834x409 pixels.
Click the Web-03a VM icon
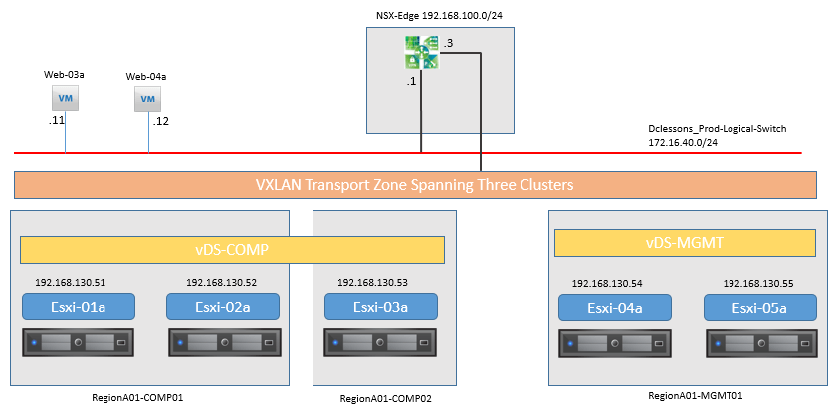pyautogui.click(x=65, y=98)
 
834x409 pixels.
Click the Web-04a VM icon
pyautogui.click(x=147, y=100)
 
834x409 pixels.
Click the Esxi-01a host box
pyautogui.click(x=78, y=307)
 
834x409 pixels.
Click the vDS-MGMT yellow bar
pyautogui.click(x=684, y=244)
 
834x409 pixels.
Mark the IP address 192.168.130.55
pyautogui.click(x=758, y=284)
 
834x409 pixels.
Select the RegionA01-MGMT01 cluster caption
pyautogui.click(x=688, y=395)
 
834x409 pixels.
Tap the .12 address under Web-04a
pyautogui.click(x=161, y=121)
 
